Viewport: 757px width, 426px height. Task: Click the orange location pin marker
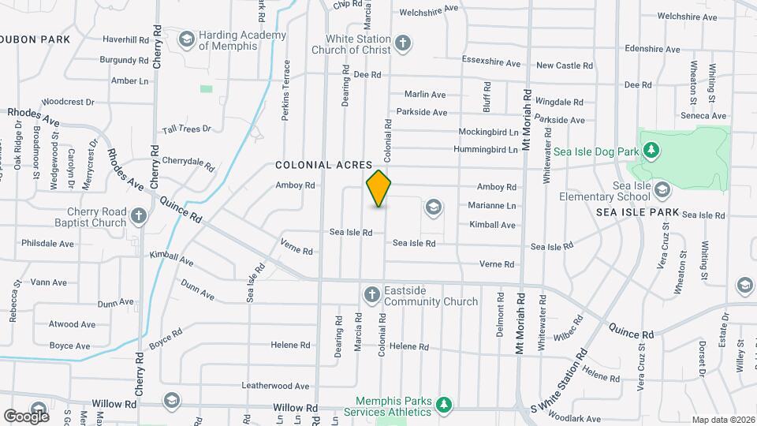click(x=379, y=189)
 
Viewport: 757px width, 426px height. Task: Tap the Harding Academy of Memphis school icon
click(x=187, y=39)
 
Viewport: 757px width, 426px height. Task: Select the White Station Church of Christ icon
click(x=403, y=42)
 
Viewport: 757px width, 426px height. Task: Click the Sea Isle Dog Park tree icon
click(x=651, y=150)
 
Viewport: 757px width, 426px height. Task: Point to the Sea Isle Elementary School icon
click(x=662, y=190)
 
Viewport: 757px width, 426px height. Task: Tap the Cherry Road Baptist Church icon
click(x=139, y=216)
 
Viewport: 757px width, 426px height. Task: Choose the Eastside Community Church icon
click(x=372, y=295)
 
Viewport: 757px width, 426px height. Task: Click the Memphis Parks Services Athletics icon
click(x=444, y=405)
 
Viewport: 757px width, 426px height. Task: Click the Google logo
click(x=26, y=415)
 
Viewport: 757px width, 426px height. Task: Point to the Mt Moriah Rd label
click(x=520, y=324)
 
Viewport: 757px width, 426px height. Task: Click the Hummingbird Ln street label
click(x=486, y=150)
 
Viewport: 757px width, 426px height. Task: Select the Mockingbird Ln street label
click(x=488, y=133)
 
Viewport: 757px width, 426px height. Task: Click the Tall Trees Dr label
click(x=187, y=129)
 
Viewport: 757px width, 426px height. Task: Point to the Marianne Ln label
click(x=492, y=206)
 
